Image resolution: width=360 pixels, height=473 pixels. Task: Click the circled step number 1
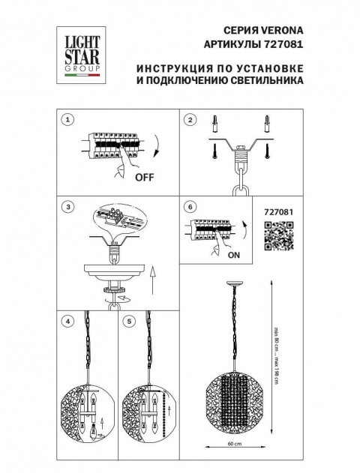(x=67, y=120)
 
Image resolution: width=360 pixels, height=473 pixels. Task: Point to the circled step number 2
(x=190, y=120)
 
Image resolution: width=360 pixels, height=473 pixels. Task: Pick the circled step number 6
(x=190, y=206)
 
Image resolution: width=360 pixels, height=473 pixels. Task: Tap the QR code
(x=279, y=238)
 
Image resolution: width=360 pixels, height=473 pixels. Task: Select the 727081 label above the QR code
(x=279, y=211)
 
